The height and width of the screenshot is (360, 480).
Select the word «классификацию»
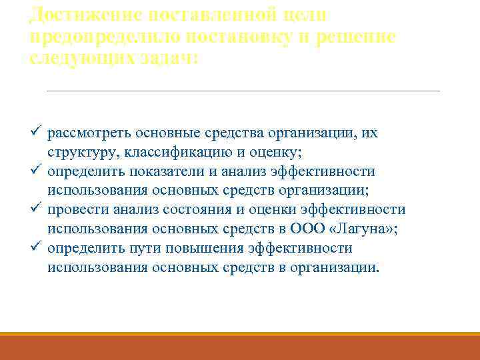pos(166,153)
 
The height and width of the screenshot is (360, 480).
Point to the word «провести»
pos(75,210)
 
